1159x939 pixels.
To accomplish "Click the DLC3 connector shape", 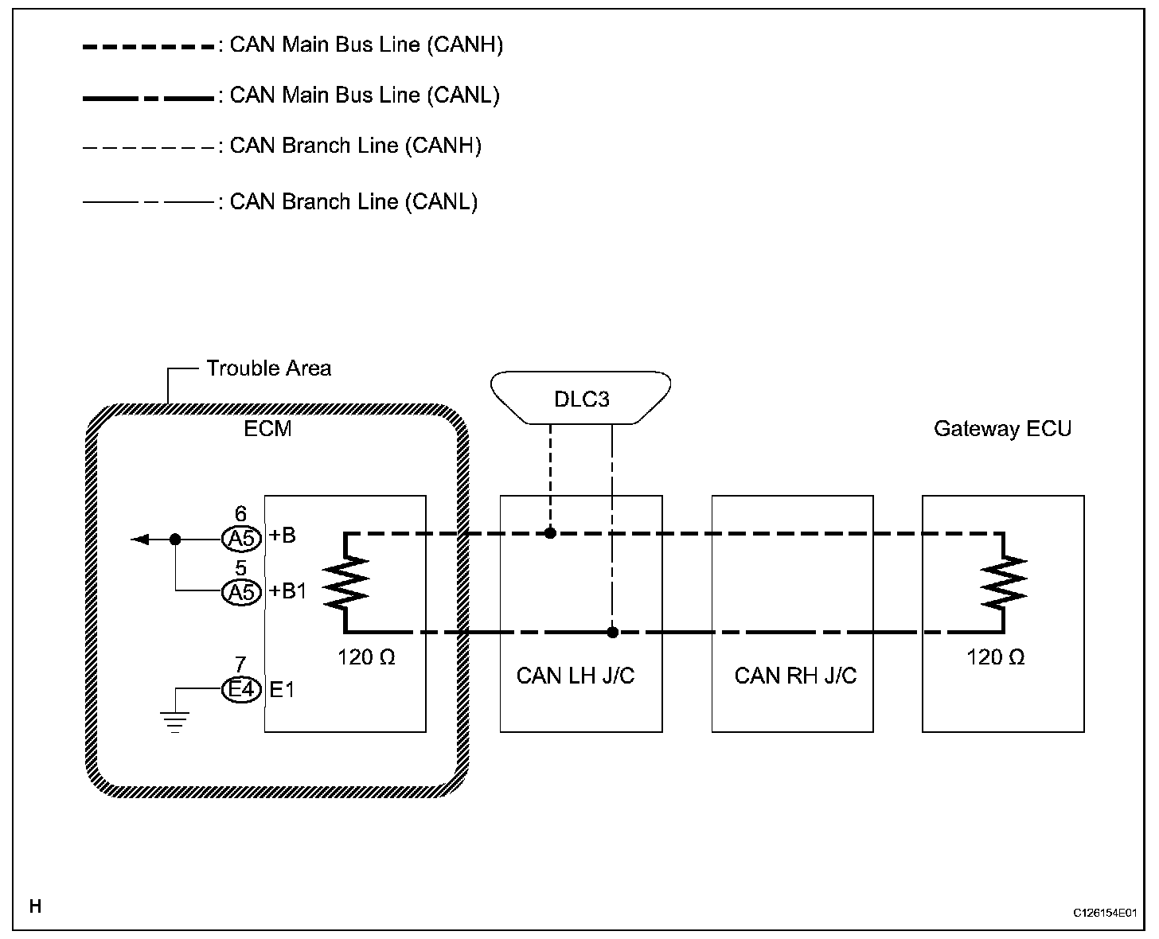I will coord(581,398).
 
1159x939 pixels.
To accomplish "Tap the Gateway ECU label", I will coord(1002,429).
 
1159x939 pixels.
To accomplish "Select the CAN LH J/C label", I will coord(576,676).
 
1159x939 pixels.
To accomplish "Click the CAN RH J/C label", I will coord(795,676).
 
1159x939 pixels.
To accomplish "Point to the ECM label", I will coord(267,429).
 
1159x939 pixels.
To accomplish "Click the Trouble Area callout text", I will coord(268,368).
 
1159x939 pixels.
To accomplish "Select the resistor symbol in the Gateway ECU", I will coord(1005,582).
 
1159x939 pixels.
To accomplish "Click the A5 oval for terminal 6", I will coord(241,539).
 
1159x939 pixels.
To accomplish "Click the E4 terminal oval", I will coord(241,689).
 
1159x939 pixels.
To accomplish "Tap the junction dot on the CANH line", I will coord(550,532).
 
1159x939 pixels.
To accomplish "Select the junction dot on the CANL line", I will coord(612,633).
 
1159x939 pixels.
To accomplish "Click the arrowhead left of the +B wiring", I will coord(139,540).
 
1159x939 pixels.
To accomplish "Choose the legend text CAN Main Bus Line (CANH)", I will coord(366,45).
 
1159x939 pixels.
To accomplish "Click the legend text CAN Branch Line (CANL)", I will coord(353,202).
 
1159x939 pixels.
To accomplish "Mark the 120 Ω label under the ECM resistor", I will coord(367,657).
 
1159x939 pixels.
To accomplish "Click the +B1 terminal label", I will coord(287,591).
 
